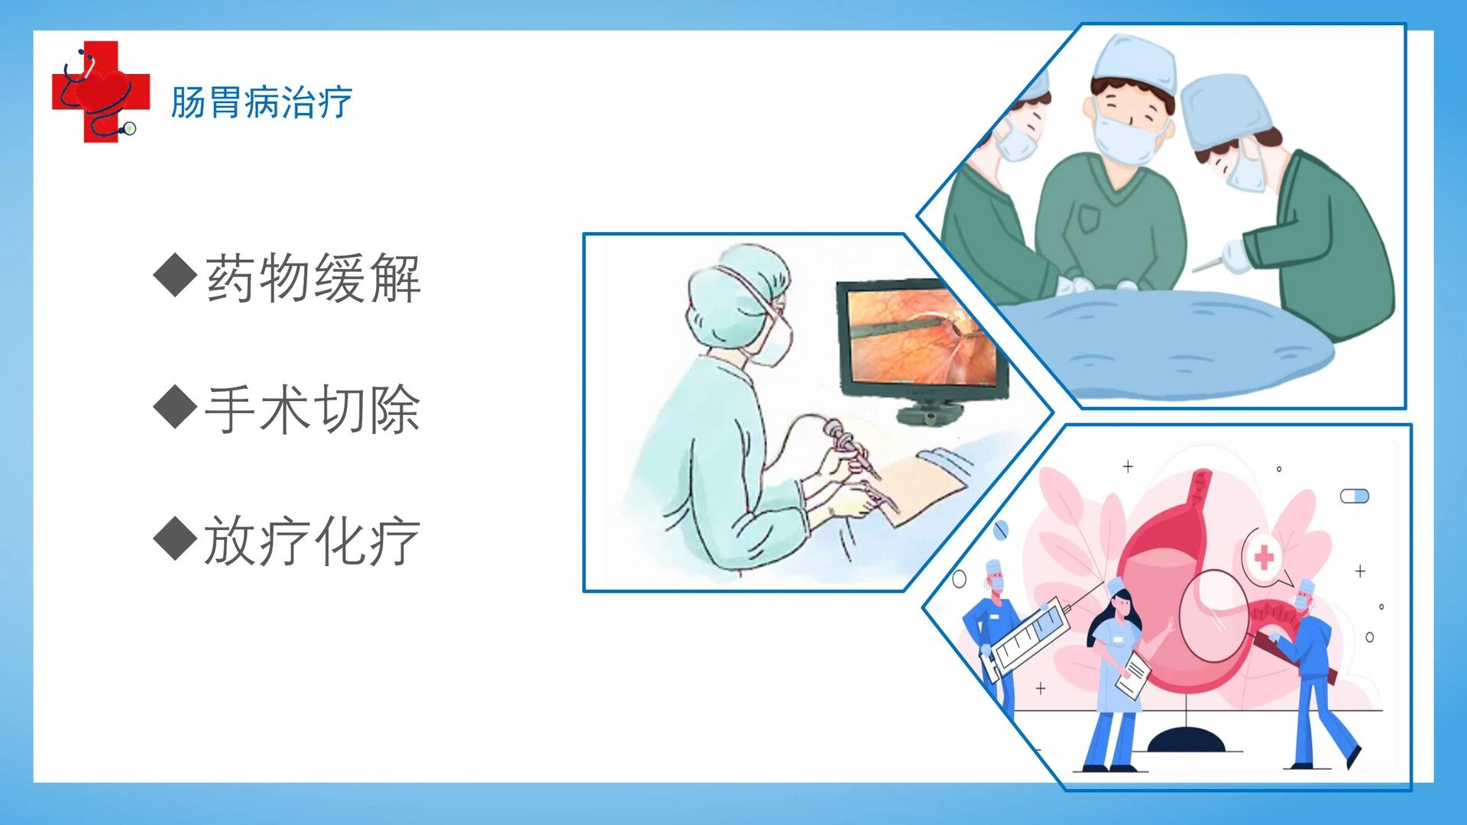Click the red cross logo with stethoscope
(x=100, y=92)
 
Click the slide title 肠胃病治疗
(x=261, y=102)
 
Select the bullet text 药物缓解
(x=313, y=278)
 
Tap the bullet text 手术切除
(x=313, y=409)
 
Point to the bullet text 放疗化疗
(x=313, y=541)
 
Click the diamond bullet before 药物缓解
(x=176, y=275)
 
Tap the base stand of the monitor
(x=929, y=415)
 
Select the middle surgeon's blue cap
(x=1134, y=63)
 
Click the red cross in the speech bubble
(x=1264, y=557)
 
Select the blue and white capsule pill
(x=1355, y=497)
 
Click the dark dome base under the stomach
(x=1186, y=739)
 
